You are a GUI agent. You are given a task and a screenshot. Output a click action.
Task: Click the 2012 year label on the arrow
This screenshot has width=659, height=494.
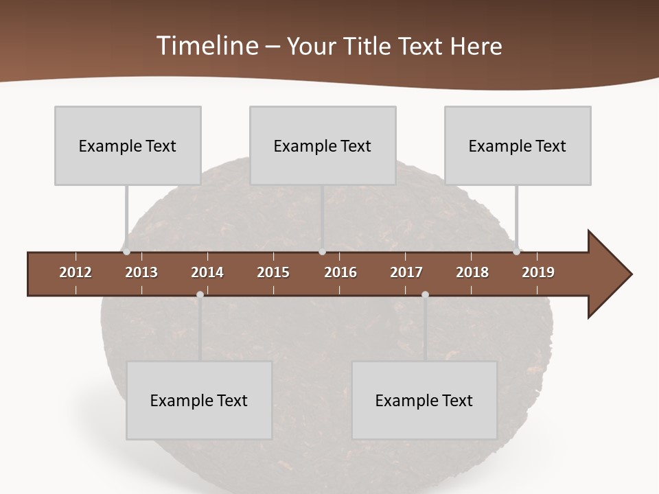(x=76, y=272)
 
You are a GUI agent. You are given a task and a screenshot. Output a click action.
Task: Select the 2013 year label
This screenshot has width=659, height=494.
(x=141, y=272)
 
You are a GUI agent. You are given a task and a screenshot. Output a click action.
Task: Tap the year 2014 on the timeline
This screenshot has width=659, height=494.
(x=207, y=272)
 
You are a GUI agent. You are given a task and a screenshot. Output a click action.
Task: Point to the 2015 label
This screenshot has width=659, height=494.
(x=273, y=272)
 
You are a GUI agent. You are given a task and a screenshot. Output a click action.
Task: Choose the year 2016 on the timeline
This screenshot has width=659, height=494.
(x=340, y=272)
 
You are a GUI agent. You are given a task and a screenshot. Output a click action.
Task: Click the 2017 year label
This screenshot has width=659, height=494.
(x=406, y=272)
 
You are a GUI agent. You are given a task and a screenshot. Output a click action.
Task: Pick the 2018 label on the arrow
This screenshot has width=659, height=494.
(x=472, y=272)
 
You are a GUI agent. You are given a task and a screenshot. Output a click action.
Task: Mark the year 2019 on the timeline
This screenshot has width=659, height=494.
(x=538, y=272)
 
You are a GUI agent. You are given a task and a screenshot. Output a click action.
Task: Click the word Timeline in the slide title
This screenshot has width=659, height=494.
(x=207, y=46)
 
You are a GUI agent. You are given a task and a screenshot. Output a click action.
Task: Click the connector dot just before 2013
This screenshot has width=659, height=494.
(x=127, y=252)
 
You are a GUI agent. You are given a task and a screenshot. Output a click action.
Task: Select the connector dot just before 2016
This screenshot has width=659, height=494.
(x=322, y=252)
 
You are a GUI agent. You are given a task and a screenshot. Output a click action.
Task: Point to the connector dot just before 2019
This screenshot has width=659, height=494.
(x=517, y=252)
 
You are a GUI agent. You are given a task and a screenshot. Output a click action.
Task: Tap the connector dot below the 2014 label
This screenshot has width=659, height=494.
(x=200, y=294)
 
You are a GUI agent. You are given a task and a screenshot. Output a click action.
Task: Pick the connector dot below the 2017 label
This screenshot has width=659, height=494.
(x=425, y=294)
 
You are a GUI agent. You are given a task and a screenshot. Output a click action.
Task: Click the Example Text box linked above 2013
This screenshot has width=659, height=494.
(x=128, y=145)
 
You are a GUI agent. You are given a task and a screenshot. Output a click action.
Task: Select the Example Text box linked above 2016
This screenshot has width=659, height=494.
(x=323, y=145)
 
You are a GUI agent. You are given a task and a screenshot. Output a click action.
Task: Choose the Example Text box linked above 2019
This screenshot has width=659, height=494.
(x=518, y=145)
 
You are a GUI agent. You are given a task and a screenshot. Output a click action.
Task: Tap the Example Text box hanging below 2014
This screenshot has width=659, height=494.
(x=199, y=400)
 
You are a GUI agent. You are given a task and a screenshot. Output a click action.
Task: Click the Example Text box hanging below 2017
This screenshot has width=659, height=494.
(x=424, y=400)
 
